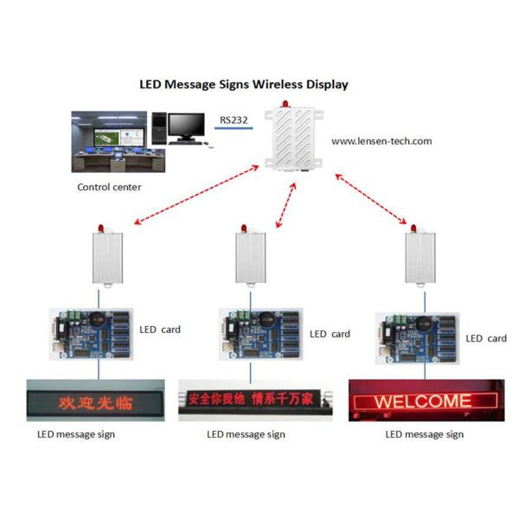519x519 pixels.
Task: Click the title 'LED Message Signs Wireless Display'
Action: (244, 85)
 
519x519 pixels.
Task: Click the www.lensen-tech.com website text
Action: (381, 140)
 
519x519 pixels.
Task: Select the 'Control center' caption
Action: (109, 187)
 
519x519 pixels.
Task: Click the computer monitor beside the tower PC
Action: (187, 128)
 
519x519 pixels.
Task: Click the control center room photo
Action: (108, 144)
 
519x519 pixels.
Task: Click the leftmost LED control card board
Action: (93, 335)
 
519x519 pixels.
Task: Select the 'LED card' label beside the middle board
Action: (330, 334)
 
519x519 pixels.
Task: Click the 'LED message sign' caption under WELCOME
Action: (424, 434)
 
